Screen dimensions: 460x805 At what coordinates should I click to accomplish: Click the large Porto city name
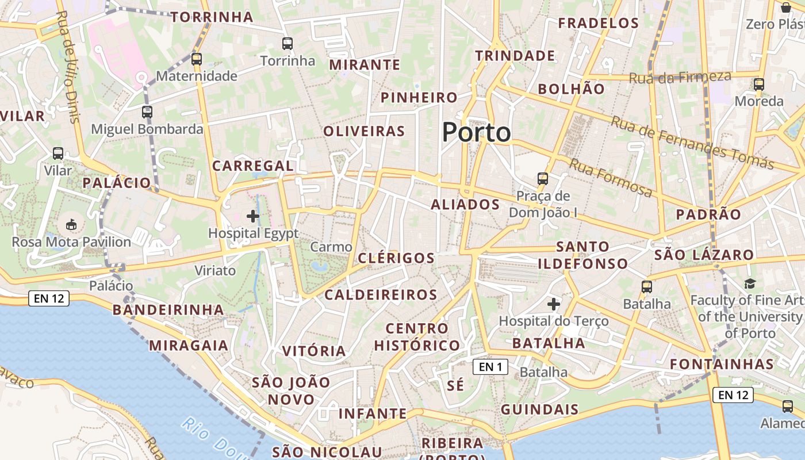(x=476, y=133)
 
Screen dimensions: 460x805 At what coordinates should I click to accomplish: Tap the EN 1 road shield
(x=490, y=367)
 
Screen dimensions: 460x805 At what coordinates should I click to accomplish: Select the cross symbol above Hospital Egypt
(x=252, y=216)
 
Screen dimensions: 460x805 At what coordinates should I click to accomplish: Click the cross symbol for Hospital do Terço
(x=554, y=304)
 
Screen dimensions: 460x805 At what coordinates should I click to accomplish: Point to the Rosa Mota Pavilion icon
(x=71, y=224)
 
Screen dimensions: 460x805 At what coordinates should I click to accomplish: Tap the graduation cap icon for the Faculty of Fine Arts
(x=750, y=283)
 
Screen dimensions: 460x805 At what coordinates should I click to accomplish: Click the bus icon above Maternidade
(x=197, y=59)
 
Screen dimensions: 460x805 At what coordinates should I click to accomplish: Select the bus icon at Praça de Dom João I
(x=543, y=178)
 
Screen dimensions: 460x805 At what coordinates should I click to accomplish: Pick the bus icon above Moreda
(x=759, y=85)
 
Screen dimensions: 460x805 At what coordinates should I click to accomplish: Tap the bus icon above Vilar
(x=58, y=154)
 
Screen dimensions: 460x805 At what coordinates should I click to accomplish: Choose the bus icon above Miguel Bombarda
(x=147, y=112)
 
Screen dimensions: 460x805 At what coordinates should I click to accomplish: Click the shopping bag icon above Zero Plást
(x=785, y=7)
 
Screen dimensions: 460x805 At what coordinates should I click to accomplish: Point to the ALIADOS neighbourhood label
(x=465, y=205)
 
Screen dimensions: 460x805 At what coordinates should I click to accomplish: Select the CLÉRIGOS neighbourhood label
(x=396, y=258)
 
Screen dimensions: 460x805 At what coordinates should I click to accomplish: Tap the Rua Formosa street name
(x=611, y=178)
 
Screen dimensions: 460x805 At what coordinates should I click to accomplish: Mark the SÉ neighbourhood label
(x=455, y=385)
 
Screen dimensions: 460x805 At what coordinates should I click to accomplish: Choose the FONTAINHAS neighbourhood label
(x=722, y=364)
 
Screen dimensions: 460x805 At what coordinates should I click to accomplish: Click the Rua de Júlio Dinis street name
(x=70, y=66)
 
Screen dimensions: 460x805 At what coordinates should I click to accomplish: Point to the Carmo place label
(x=331, y=247)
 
